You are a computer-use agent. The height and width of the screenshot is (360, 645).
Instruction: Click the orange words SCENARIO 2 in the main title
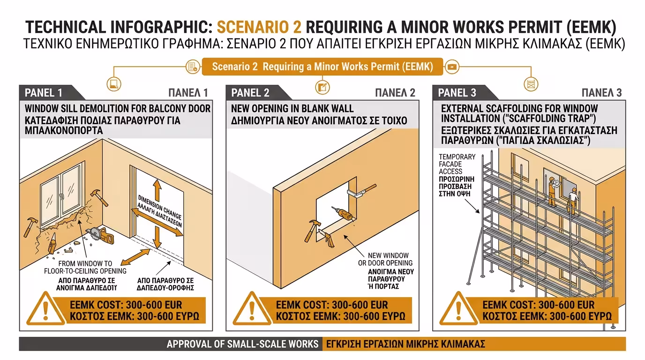click(259, 27)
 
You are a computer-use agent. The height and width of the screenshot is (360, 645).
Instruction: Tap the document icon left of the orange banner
click(193, 67)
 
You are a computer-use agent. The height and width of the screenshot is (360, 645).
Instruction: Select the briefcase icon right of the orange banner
click(452, 67)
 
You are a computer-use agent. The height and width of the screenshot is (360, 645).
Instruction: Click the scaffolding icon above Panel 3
click(531, 84)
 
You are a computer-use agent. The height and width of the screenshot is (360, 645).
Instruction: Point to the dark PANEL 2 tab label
click(250, 93)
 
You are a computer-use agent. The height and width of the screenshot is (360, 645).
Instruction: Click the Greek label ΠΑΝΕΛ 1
click(188, 93)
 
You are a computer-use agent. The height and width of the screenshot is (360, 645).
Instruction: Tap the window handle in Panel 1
click(61, 196)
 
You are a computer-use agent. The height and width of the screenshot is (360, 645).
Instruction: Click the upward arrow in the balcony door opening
click(157, 190)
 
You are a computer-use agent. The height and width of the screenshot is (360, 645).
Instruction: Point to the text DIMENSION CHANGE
click(160, 207)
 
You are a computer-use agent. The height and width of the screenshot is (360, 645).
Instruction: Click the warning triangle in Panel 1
click(45, 308)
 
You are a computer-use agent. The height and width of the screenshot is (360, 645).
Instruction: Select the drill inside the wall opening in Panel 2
click(342, 213)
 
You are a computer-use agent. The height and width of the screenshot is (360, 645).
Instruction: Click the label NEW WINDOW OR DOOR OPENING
click(385, 259)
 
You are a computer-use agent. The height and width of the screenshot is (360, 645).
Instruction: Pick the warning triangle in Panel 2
click(252, 308)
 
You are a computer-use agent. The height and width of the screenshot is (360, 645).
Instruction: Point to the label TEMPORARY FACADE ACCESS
click(457, 164)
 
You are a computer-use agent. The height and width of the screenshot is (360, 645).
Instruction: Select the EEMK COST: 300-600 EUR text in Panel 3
click(539, 305)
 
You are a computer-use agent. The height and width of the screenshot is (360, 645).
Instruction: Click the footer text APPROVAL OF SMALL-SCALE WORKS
click(242, 344)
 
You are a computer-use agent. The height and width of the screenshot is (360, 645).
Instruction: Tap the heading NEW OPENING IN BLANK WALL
click(292, 109)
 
